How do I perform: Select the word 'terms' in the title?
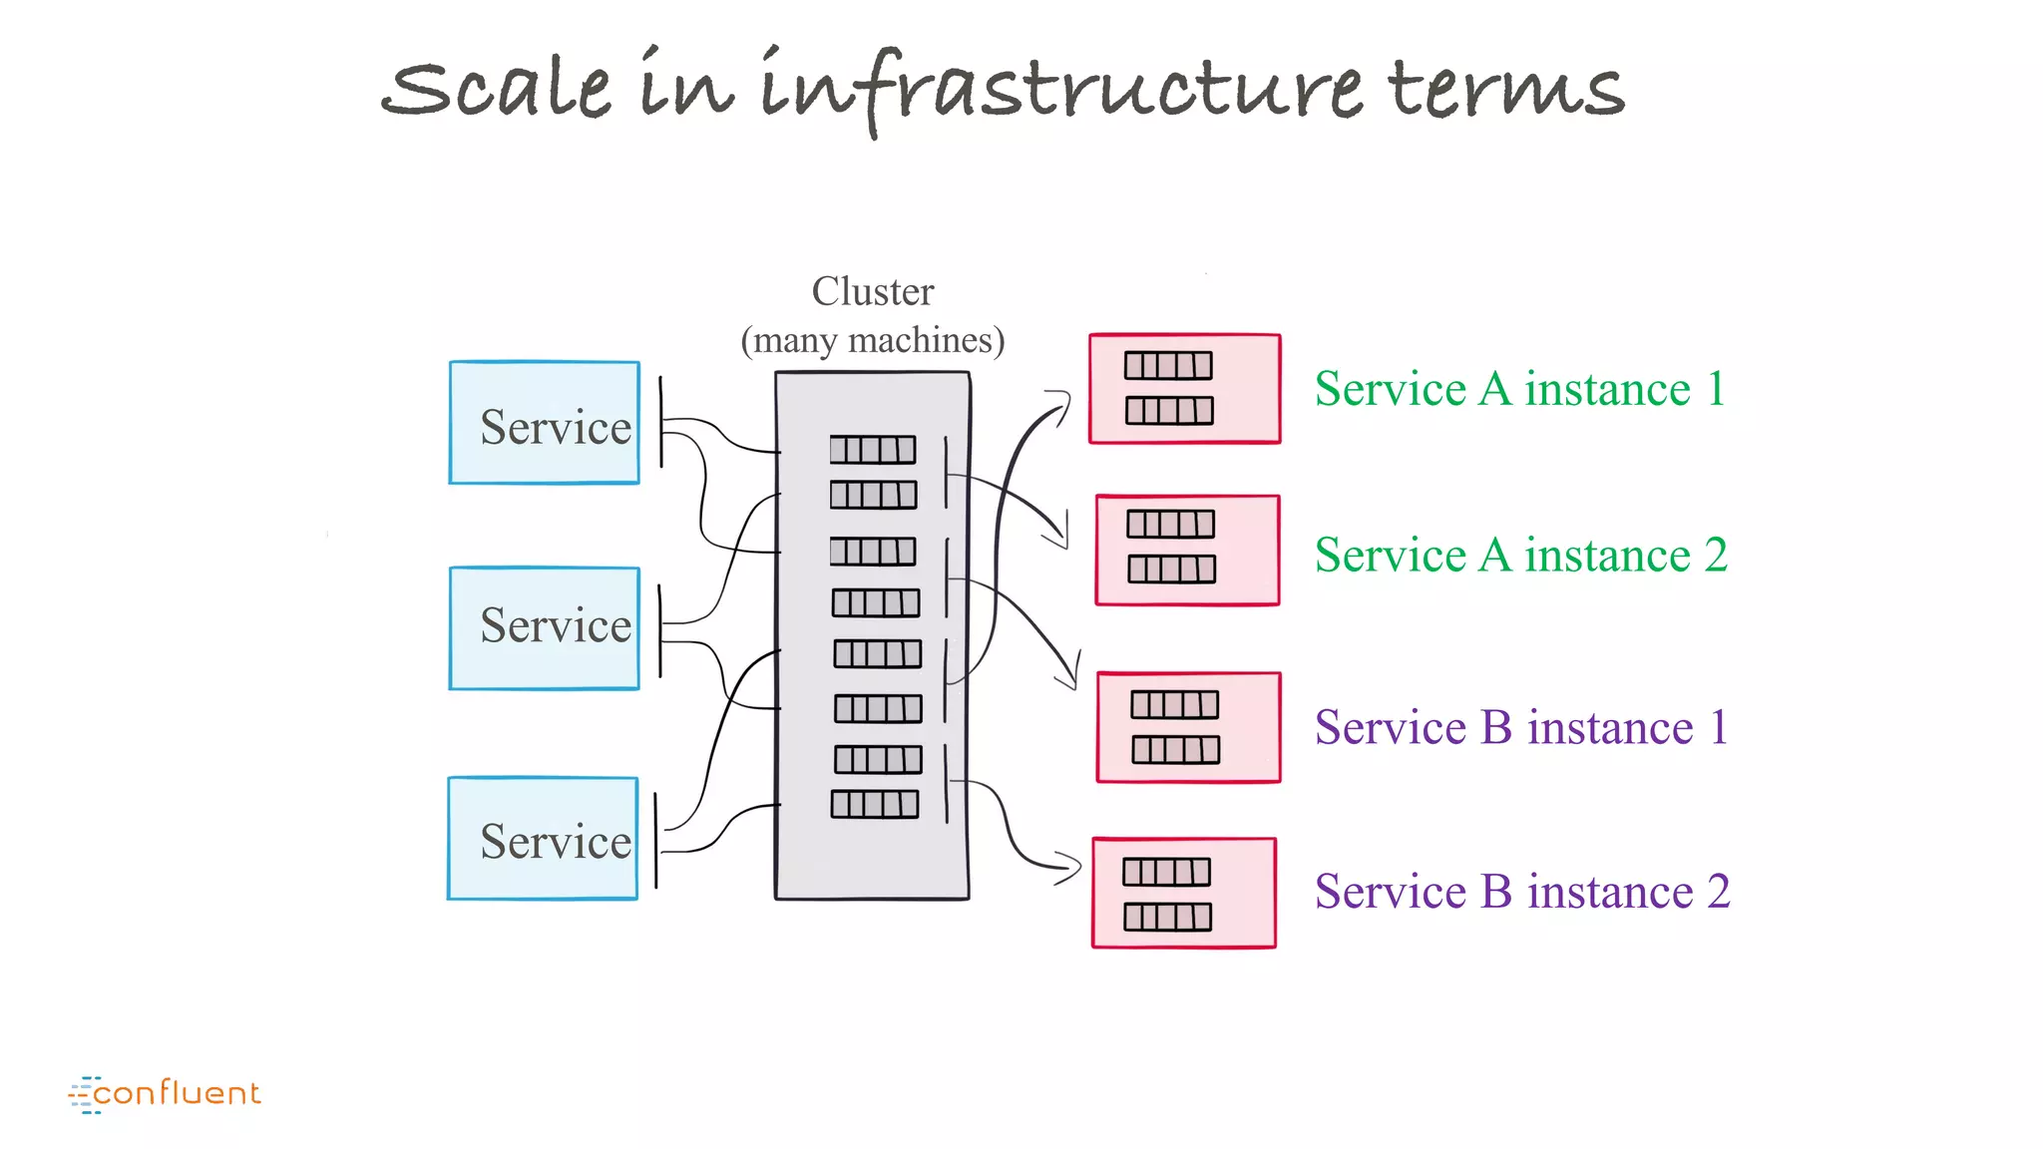click(1505, 88)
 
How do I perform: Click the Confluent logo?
click(165, 1094)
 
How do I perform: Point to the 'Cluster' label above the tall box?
click(873, 291)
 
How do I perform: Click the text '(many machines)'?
click(873, 340)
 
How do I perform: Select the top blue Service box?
click(545, 423)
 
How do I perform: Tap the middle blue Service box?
click(545, 628)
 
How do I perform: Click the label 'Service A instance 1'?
click(1519, 389)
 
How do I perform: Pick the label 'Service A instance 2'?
click(1520, 555)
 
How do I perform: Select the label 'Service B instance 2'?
click(1522, 892)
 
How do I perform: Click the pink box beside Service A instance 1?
click(1185, 389)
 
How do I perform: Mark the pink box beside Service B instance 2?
click(1184, 893)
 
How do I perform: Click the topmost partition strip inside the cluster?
click(873, 450)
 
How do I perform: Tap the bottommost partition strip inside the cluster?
click(875, 804)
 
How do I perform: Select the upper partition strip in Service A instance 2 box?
click(1171, 524)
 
